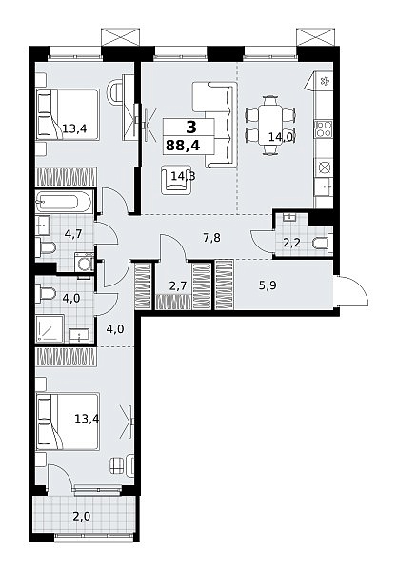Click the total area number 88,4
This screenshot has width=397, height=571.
(x=183, y=146)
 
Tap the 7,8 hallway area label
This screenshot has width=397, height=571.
(x=212, y=238)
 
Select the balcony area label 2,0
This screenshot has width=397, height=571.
(x=82, y=516)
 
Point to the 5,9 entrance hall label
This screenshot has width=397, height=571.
(x=268, y=285)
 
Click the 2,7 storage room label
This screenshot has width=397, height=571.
(x=178, y=285)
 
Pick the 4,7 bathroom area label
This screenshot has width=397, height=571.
(x=72, y=233)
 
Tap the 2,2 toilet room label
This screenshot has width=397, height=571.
(x=291, y=243)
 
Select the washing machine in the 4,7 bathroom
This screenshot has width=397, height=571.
(x=83, y=261)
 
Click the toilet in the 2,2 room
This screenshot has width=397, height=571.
(x=323, y=243)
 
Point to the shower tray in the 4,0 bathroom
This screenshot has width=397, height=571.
(x=50, y=328)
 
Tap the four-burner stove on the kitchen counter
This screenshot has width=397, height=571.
(x=324, y=128)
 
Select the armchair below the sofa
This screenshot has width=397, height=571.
(x=177, y=180)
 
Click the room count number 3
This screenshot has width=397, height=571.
(x=190, y=128)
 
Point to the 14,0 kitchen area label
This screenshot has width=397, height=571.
(x=283, y=138)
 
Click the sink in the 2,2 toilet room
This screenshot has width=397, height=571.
(x=291, y=218)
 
